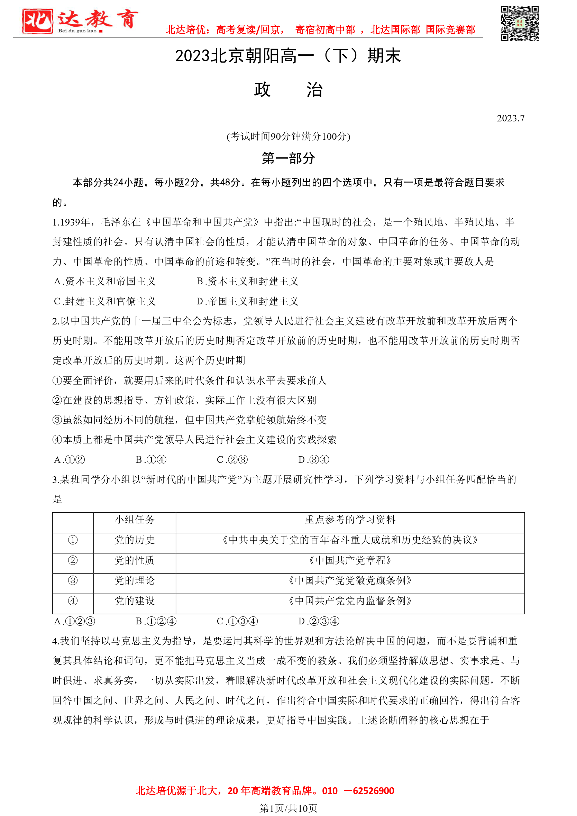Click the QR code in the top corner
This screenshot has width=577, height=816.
[520, 24]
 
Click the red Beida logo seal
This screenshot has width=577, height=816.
[37, 21]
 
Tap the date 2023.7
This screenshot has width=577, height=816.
[510, 118]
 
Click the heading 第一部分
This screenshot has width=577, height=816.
[288, 158]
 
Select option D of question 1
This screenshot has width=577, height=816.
[247, 301]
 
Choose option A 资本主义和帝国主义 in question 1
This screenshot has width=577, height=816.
[105, 282]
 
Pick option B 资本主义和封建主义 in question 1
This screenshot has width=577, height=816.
[247, 282]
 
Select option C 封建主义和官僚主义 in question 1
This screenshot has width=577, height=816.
[105, 301]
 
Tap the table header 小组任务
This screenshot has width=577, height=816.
[134, 520]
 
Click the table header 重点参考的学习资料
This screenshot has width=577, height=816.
[350, 520]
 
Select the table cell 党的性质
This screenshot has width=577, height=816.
[134, 560]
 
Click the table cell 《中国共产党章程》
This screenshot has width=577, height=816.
[350, 560]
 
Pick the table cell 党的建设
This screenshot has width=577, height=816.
[134, 601]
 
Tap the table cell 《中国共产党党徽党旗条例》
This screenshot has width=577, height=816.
[350, 581]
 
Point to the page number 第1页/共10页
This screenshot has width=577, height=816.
[288, 808]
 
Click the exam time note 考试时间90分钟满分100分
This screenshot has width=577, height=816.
[288, 137]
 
